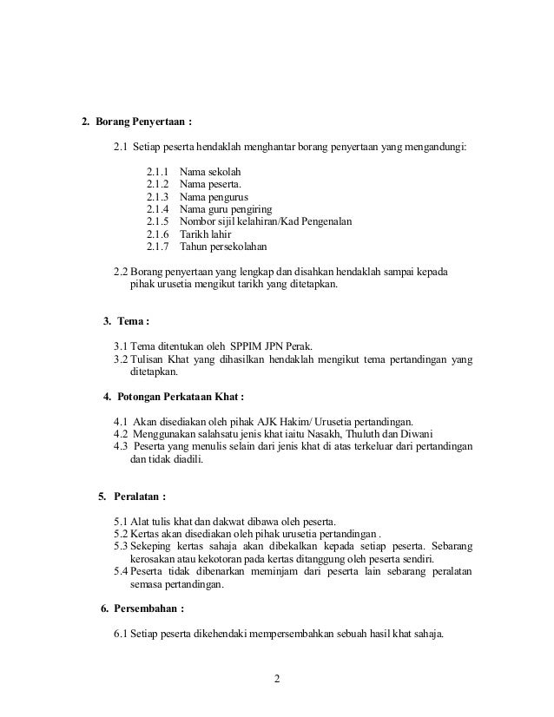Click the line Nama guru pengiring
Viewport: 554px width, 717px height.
coord(226,209)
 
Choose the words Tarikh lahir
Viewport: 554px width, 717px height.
coord(207,234)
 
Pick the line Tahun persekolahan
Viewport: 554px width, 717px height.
coord(224,246)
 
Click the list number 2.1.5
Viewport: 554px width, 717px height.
coord(158,221)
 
